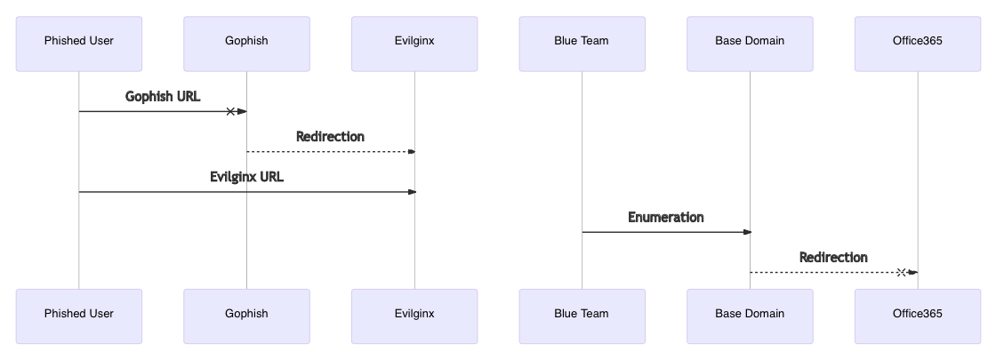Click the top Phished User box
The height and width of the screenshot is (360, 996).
point(78,44)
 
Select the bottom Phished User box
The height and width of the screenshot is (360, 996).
point(78,316)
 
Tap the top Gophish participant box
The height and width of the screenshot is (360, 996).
point(246,44)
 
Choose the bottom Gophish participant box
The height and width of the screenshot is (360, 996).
point(246,316)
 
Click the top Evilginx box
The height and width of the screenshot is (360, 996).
point(414,44)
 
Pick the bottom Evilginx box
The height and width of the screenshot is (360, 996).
point(414,316)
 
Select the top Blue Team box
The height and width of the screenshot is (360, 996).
point(582,44)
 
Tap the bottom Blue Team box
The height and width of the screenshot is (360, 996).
point(582,316)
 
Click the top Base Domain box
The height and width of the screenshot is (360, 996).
point(750,44)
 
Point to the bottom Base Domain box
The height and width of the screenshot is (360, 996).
point(750,316)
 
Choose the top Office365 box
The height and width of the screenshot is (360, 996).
point(918,44)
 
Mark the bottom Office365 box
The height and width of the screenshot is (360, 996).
point(918,316)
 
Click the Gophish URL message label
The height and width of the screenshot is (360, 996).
point(163,97)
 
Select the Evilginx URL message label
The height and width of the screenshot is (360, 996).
point(246,177)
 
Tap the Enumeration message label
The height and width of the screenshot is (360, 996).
point(666,218)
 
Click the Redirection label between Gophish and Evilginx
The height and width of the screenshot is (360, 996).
point(330,137)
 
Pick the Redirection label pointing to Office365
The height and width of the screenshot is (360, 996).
point(833,258)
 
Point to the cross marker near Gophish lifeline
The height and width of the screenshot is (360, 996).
point(230,111)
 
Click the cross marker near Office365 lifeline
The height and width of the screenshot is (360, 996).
point(901,272)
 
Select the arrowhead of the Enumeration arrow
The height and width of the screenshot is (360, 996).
point(747,232)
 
